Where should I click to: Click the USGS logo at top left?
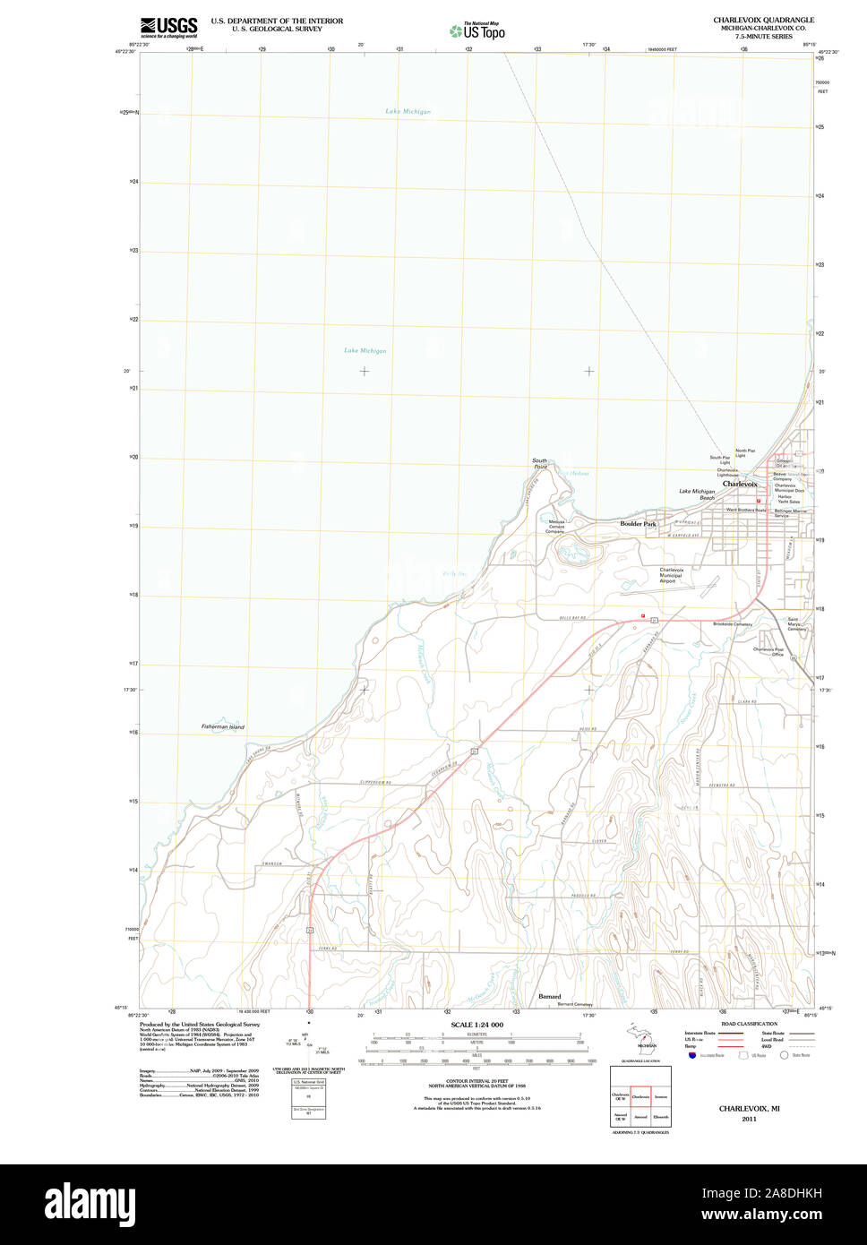(x=168, y=25)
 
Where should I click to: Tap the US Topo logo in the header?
(x=477, y=30)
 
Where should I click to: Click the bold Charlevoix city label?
(x=740, y=484)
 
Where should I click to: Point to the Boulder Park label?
(x=638, y=524)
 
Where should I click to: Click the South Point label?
(x=540, y=464)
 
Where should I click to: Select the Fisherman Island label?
(x=222, y=726)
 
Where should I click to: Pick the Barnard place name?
(x=550, y=996)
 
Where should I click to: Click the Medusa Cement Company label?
(x=555, y=527)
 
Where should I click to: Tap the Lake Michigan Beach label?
(x=697, y=494)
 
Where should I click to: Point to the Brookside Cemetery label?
(x=732, y=623)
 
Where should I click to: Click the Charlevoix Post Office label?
(x=768, y=651)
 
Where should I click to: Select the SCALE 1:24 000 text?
(x=476, y=1025)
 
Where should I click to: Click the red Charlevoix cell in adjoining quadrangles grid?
(x=640, y=1095)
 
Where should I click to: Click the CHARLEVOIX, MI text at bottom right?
(x=749, y=1108)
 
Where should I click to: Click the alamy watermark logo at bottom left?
(x=94, y=1203)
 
